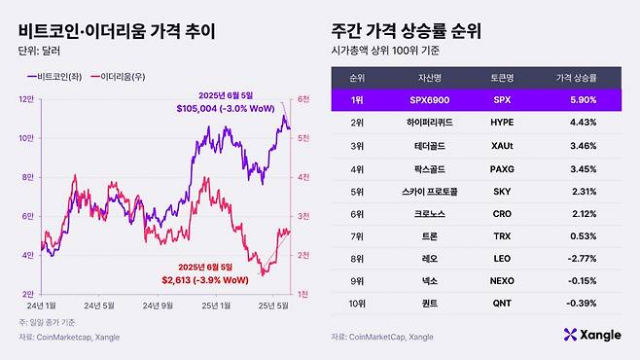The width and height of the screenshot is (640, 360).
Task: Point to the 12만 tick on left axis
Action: click(29, 99)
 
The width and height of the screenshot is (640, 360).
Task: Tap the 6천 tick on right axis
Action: click(303, 99)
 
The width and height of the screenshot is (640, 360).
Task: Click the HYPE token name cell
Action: click(503, 122)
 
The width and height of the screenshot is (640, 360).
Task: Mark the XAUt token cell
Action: click(503, 144)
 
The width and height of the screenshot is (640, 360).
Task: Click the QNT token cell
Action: click(503, 304)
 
